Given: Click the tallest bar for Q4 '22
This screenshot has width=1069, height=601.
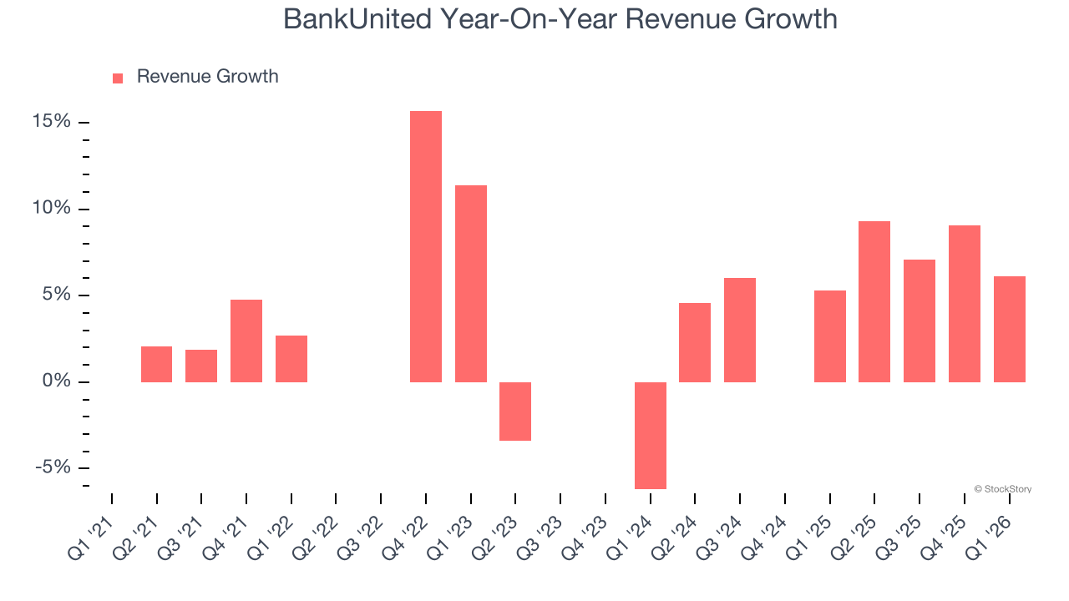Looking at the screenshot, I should pyautogui.click(x=425, y=246).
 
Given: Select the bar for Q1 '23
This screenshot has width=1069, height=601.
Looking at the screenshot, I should pyautogui.click(x=470, y=284).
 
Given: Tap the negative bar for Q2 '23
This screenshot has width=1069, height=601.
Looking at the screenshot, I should pyautogui.click(x=515, y=411).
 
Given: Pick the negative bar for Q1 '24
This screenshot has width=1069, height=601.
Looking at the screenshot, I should pyautogui.click(x=650, y=435).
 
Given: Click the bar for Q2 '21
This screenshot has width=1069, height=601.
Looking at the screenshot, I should pyautogui.click(x=156, y=364).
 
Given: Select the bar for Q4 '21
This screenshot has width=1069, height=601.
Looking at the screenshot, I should pyautogui.click(x=246, y=341).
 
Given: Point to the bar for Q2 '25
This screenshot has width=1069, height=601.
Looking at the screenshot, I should pyautogui.click(x=874, y=301).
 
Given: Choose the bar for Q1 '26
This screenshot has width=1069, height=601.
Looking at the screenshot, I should pyautogui.click(x=1009, y=329).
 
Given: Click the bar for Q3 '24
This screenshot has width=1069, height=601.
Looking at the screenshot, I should pyautogui.click(x=740, y=330).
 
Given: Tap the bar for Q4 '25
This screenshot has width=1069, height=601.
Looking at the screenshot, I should pyautogui.click(x=965, y=304).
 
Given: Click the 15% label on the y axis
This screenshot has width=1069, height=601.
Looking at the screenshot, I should pyautogui.click(x=51, y=122).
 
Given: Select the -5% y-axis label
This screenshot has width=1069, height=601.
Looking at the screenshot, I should pyautogui.click(x=53, y=467).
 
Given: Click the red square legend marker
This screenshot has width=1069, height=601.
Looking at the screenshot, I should pyautogui.click(x=118, y=78).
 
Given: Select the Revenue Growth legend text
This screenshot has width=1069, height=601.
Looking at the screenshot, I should pyautogui.click(x=207, y=77).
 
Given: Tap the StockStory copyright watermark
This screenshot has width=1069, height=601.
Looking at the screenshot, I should pyautogui.click(x=1002, y=489).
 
